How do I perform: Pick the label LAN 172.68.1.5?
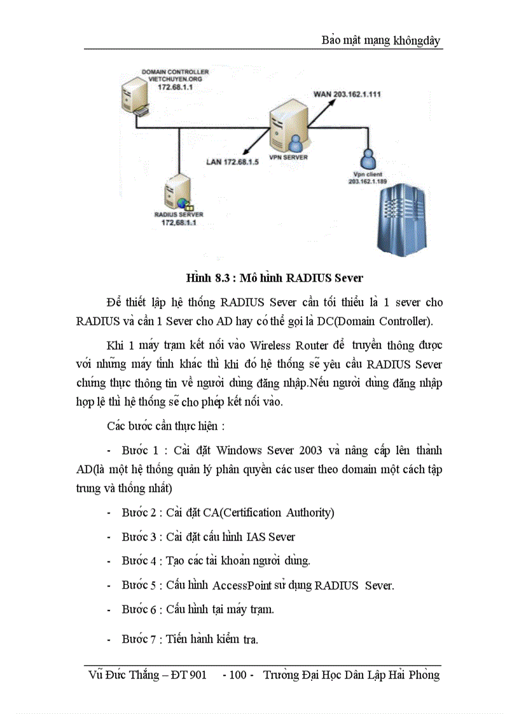coord(233,161)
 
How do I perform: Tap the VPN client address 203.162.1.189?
coord(369,181)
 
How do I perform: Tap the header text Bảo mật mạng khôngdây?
coord(382,41)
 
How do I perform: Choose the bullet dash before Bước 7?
coord(109,639)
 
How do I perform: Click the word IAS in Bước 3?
coord(256,537)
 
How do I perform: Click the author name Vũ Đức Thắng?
coord(124,675)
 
